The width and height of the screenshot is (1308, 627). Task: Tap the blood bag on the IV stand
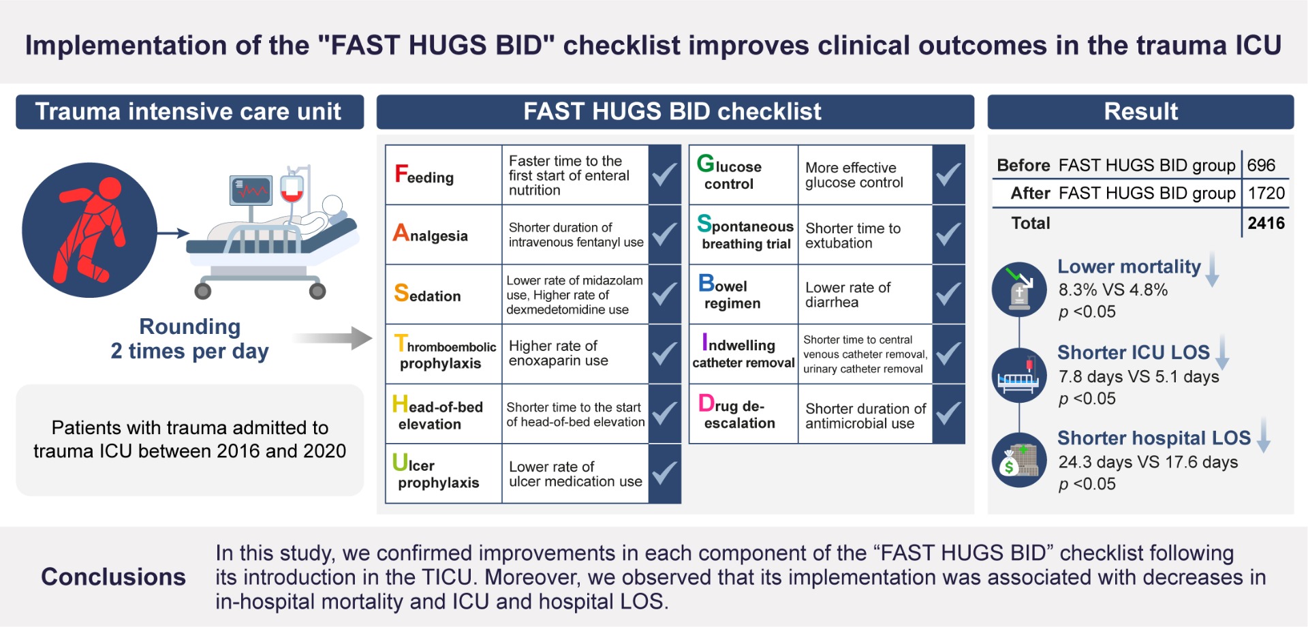click(292, 188)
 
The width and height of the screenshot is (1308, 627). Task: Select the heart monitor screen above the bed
click(251, 190)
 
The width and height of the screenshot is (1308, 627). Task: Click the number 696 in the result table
click(1261, 165)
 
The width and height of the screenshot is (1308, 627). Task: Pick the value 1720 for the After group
click(1266, 194)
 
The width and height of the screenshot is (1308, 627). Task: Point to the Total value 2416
click(1266, 224)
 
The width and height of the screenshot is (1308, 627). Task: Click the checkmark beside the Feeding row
click(664, 174)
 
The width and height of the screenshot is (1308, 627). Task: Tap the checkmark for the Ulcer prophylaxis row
click(664, 474)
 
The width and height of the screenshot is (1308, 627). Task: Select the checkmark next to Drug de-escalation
click(948, 414)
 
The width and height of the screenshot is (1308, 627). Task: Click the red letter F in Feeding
click(401, 174)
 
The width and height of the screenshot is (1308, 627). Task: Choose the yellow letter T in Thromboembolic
click(401, 343)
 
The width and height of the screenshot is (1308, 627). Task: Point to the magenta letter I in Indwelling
click(704, 341)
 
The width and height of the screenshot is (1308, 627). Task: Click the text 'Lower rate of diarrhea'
click(847, 295)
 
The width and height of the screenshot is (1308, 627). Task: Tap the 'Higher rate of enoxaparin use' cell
click(559, 353)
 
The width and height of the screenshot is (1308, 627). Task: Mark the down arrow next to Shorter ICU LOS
click(1223, 352)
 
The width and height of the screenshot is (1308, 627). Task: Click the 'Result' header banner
click(1140, 112)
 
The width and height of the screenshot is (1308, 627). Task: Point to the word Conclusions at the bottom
click(113, 577)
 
